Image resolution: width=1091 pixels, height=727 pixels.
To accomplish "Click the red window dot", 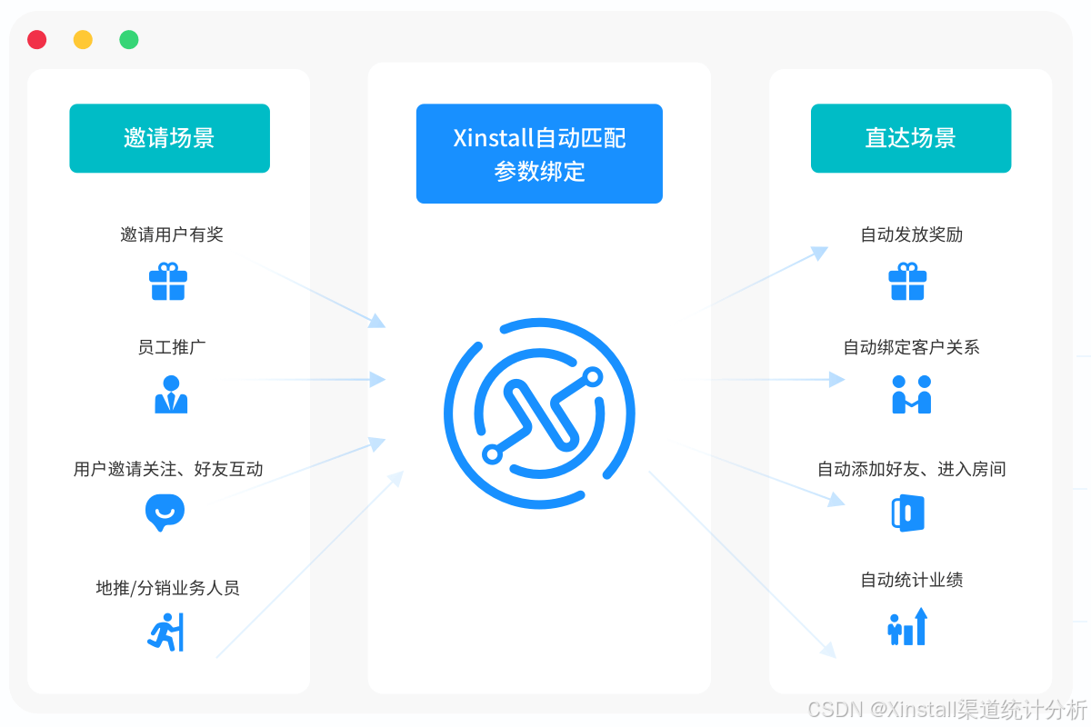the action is [x=37, y=39].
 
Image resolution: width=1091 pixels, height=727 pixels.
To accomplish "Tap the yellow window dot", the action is [x=83, y=39].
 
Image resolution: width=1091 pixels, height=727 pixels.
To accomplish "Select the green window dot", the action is [x=129, y=39].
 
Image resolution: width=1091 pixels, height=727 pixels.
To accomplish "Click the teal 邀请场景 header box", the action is [x=169, y=138].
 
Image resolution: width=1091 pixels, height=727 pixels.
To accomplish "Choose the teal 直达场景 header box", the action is [x=911, y=138].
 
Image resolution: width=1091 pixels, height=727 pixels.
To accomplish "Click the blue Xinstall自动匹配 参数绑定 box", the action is [x=539, y=154].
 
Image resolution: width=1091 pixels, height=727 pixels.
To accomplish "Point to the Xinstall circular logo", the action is [x=539, y=413].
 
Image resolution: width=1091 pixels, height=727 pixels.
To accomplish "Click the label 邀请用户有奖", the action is [x=172, y=234].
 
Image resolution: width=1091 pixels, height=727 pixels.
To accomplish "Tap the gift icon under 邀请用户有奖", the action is [x=168, y=282].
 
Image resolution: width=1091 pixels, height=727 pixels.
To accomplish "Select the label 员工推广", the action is [x=172, y=347].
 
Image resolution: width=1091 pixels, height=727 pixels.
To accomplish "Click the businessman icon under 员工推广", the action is [x=171, y=394].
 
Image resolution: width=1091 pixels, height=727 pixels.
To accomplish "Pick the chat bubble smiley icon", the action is [x=165, y=513].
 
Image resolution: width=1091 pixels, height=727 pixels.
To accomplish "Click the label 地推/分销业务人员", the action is [x=167, y=588].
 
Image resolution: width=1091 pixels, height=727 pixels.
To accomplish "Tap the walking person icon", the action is [x=165, y=632].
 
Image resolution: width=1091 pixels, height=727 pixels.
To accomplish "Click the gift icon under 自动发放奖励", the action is [x=907, y=282].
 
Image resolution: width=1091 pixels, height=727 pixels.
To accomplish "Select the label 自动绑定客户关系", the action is [x=911, y=347].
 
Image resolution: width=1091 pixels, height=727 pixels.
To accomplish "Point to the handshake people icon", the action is [x=911, y=394].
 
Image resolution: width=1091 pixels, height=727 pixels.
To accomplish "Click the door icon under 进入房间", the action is [x=908, y=513].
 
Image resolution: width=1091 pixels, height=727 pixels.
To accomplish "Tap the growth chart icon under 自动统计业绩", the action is [x=907, y=627].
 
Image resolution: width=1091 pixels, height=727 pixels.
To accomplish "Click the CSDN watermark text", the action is [x=947, y=710].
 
